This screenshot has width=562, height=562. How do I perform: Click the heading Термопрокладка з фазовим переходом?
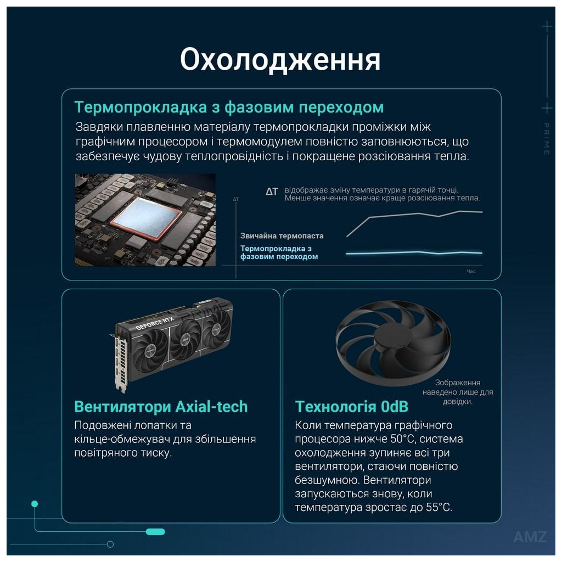tap(229, 107)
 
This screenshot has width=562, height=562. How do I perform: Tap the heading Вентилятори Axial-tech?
tap(161, 407)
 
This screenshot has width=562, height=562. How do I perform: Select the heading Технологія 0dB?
tap(352, 407)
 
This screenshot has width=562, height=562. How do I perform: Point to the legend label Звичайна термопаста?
tap(282, 236)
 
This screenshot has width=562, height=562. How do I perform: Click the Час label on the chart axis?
tap(471, 272)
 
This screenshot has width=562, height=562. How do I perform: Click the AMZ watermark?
tap(530, 537)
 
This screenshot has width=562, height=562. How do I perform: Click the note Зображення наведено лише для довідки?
tap(458, 392)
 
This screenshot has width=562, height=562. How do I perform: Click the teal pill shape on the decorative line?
tap(155, 531)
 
